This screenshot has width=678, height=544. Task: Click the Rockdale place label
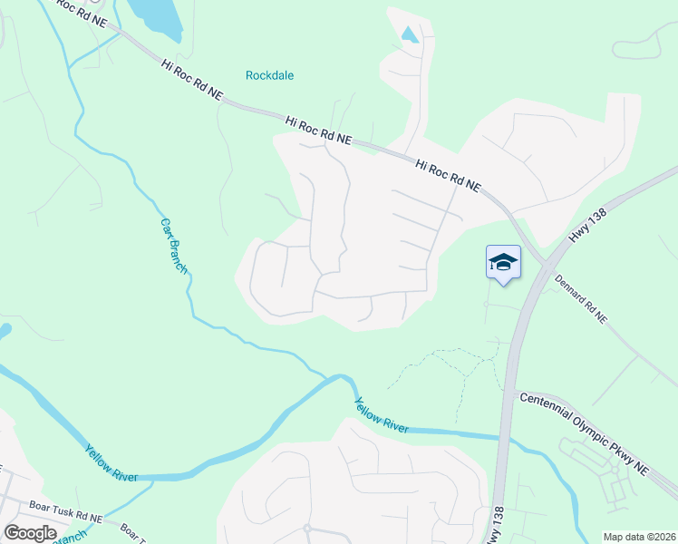270,75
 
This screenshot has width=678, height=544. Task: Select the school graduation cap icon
503,263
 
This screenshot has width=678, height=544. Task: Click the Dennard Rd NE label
580,299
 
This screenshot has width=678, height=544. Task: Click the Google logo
29,533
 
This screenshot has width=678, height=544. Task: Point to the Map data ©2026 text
638,537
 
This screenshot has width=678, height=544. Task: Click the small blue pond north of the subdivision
410,34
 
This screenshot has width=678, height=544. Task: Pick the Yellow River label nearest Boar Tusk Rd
111,462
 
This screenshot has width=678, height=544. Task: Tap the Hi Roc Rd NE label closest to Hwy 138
448,175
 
